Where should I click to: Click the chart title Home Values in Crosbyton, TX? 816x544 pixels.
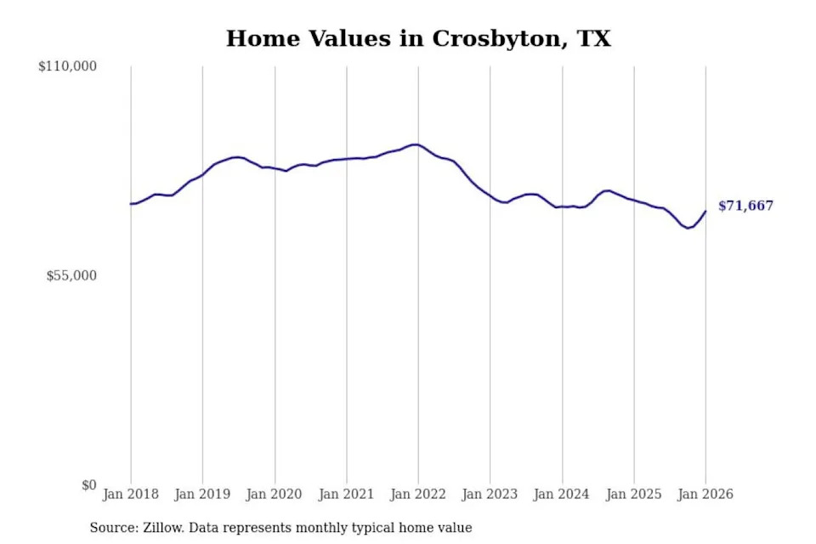(x=418, y=39)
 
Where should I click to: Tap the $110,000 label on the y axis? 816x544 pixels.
(x=67, y=66)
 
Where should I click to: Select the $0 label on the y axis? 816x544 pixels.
(x=88, y=485)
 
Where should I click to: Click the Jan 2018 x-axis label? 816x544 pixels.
(x=130, y=494)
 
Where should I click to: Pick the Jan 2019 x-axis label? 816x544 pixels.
(x=202, y=494)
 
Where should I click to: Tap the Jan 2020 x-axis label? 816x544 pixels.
(x=274, y=494)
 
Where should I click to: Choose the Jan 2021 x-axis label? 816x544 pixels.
(x=346, y=494)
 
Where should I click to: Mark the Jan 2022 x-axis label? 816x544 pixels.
(x=418, y=494)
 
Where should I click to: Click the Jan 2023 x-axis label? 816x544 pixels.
(x=490, y=494)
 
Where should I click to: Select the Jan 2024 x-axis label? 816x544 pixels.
(x=562, y=494)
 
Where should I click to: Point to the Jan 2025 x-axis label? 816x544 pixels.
(x=633, y=494)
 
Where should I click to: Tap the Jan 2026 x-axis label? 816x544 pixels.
(x=705, y=494)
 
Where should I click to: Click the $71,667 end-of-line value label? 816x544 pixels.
(x=746, y=206)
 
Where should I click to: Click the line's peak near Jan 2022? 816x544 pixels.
(x=414, y=144)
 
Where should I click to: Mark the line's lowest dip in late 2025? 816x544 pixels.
(x=688, y=228)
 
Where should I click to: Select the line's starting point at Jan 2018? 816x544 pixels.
(x=131, y=204)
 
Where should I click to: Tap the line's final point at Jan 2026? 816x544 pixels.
(x=705, y=212)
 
